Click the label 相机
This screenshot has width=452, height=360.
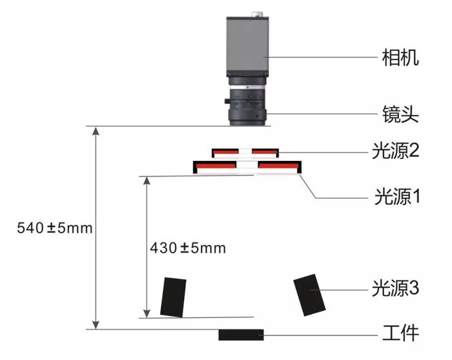click(400, 58)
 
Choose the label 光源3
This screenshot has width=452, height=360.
click(396, 288)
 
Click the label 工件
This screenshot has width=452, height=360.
click(400, 334)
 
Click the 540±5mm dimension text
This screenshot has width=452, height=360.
click(46, 228)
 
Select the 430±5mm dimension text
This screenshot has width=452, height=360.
click(188, 248)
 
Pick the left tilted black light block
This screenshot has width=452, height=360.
click(173, 297)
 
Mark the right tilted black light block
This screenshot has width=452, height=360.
click(311, 295)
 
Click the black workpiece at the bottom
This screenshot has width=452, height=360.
click(241, 334)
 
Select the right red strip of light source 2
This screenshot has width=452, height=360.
click(264, 153)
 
